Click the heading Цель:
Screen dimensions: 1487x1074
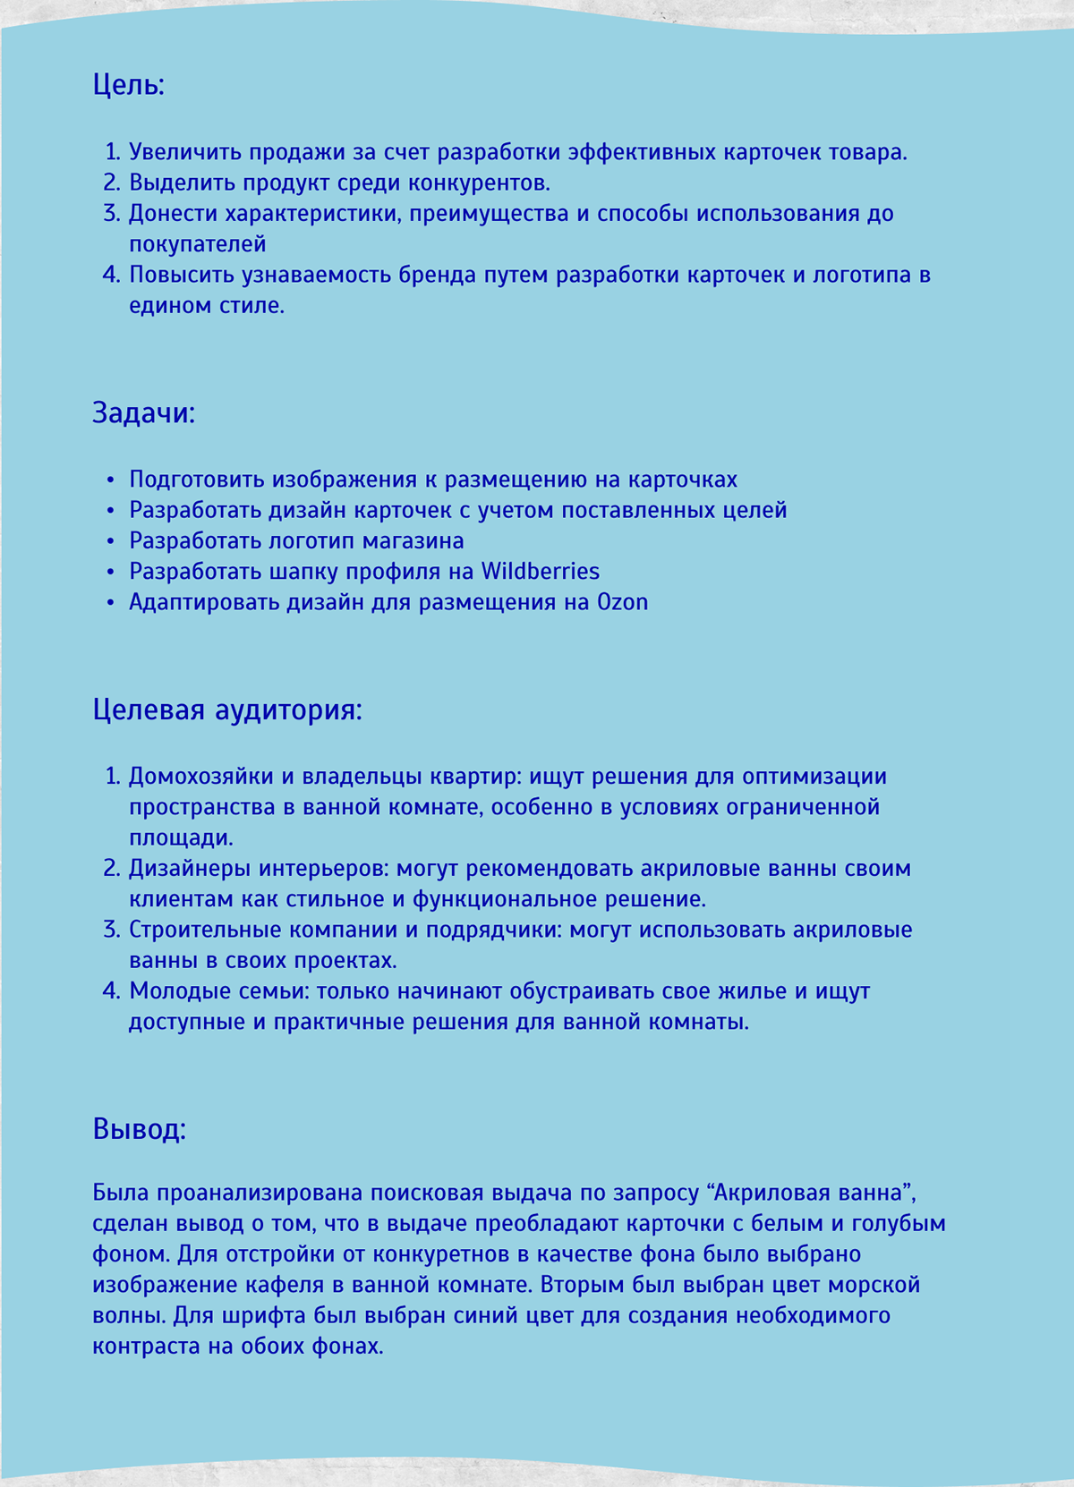(129, 86)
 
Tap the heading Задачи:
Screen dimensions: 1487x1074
(143, 413)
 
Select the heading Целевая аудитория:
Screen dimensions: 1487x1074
(227, 710)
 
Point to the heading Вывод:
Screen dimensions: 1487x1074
(139, 1129)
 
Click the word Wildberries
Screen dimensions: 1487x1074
(541, 571)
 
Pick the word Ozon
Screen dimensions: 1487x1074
(622, 602)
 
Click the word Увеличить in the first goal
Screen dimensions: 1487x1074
(185, 152)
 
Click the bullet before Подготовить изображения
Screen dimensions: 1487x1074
(111, 480)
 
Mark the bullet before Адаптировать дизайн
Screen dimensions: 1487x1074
(111, 603)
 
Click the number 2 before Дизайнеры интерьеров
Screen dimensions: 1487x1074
(111, 869)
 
